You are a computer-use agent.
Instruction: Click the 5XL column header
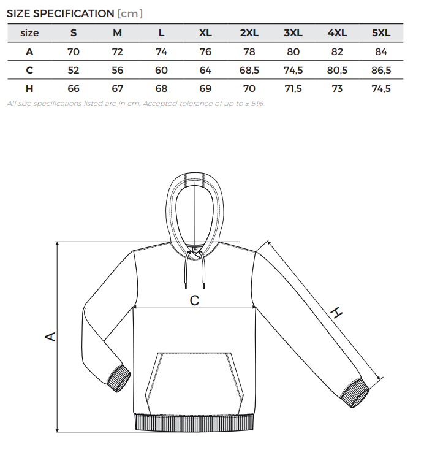[381, 32]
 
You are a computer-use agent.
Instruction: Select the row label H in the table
[29, 88]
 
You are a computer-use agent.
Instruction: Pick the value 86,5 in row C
[381, 70]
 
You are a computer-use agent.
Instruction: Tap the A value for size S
[73, 51]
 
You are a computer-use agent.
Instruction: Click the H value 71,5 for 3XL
[293, 88]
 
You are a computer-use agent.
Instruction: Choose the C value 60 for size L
[161, 70]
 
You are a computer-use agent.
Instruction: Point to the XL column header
[205, 32]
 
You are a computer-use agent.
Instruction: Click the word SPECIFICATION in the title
[74, 13]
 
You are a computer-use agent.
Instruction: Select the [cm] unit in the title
[130, 13]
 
